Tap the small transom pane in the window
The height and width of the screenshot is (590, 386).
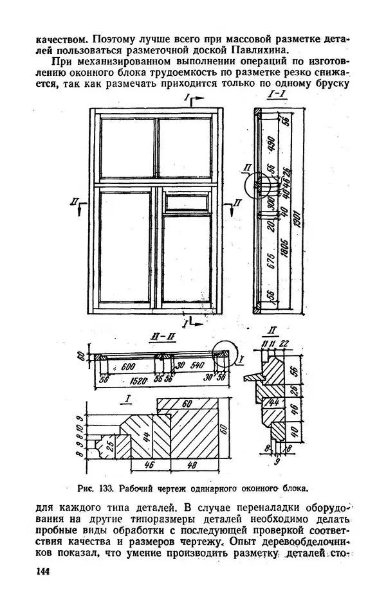tap(185, 202)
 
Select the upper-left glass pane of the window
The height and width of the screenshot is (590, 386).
tap(126, 148)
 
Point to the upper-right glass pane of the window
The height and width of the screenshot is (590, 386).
tap(185, 148)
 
